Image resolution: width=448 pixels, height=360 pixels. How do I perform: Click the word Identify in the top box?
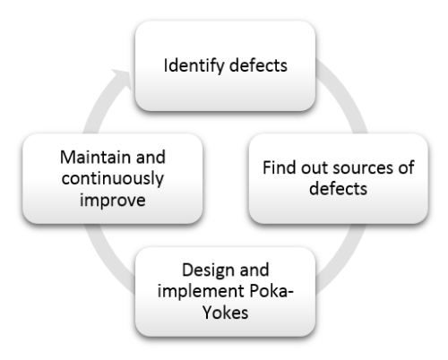(x=194, y=66)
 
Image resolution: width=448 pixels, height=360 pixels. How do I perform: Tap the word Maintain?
(x=95, y=157)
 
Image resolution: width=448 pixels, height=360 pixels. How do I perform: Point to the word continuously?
(x=113, y=179)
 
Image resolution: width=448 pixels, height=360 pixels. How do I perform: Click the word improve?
(x=113, y=201)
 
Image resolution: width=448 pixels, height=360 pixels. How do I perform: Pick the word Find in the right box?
(x=280, y=167)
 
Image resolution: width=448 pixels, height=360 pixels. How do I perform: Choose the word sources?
(x=363, y=168)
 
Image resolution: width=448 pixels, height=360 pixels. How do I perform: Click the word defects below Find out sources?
(x=338, y=189)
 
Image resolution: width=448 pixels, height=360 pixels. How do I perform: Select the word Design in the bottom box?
(x=208, y=270)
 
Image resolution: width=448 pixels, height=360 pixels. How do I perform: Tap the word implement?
(x=202, y=292)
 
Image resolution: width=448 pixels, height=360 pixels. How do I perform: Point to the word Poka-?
(x=271, y=291)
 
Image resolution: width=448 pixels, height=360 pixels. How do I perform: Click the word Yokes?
(x=226, y=313)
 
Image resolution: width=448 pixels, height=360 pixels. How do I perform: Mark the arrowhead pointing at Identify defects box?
(x=123, y=78)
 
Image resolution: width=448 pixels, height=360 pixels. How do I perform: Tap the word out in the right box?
(x=314, y=168)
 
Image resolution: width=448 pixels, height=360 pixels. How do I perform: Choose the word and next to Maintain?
(x=151, y=157)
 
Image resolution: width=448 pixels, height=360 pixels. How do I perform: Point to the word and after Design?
(x=254, y=270)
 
